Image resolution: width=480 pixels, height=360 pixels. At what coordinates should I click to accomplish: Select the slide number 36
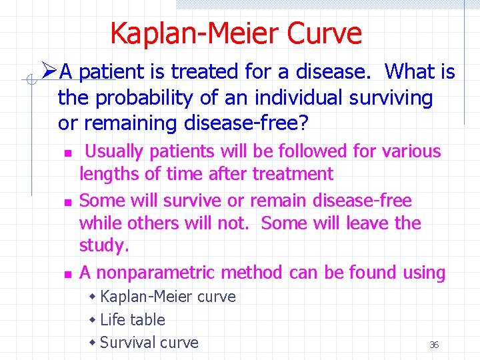[434, 345]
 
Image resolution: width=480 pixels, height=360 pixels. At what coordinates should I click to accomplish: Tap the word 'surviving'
[389, 97]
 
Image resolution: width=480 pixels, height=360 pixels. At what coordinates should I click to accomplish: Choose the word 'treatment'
[293, 175]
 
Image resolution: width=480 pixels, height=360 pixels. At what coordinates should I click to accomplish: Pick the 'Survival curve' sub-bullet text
[149, 343]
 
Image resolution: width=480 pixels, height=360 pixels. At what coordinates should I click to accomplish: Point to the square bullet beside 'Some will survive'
[66, 201]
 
